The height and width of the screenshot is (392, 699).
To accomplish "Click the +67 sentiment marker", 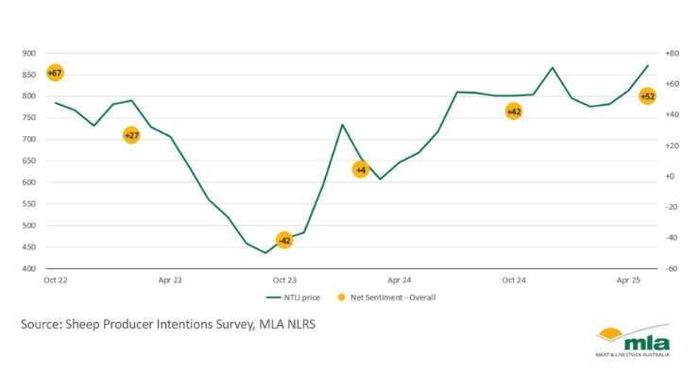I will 55,73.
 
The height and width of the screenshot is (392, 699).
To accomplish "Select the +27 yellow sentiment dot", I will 131,135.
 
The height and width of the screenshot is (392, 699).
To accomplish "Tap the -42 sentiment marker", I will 284,240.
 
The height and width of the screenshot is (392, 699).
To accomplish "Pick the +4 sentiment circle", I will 360,169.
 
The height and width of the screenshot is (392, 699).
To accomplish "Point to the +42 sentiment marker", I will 513,111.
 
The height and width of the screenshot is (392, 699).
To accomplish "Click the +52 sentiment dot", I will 647,95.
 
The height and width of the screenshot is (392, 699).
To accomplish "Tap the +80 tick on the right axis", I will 673,53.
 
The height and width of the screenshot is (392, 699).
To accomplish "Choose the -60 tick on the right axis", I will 672,268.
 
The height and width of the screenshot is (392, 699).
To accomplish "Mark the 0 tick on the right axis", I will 670,177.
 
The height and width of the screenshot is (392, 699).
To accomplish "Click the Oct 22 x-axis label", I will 55,281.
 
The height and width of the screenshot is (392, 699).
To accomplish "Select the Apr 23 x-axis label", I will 170,281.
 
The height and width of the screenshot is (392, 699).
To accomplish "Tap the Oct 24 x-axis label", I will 513,281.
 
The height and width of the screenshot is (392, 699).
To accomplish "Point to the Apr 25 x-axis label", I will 628,281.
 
